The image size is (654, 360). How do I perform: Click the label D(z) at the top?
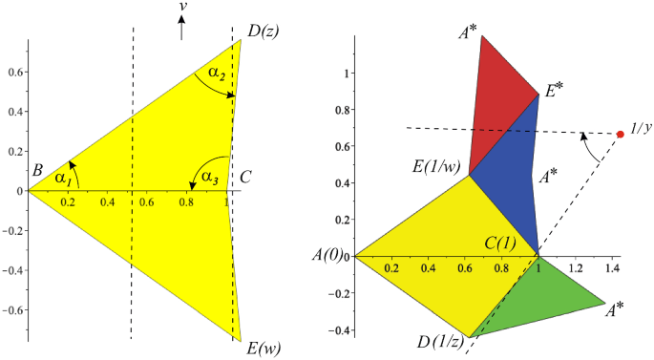263,31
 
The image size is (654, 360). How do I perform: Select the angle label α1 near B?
62,178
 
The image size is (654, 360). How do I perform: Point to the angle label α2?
215,73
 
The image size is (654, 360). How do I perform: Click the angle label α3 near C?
203,176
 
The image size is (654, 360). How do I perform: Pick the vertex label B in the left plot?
37,171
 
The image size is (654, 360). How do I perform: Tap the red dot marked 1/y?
620,134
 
